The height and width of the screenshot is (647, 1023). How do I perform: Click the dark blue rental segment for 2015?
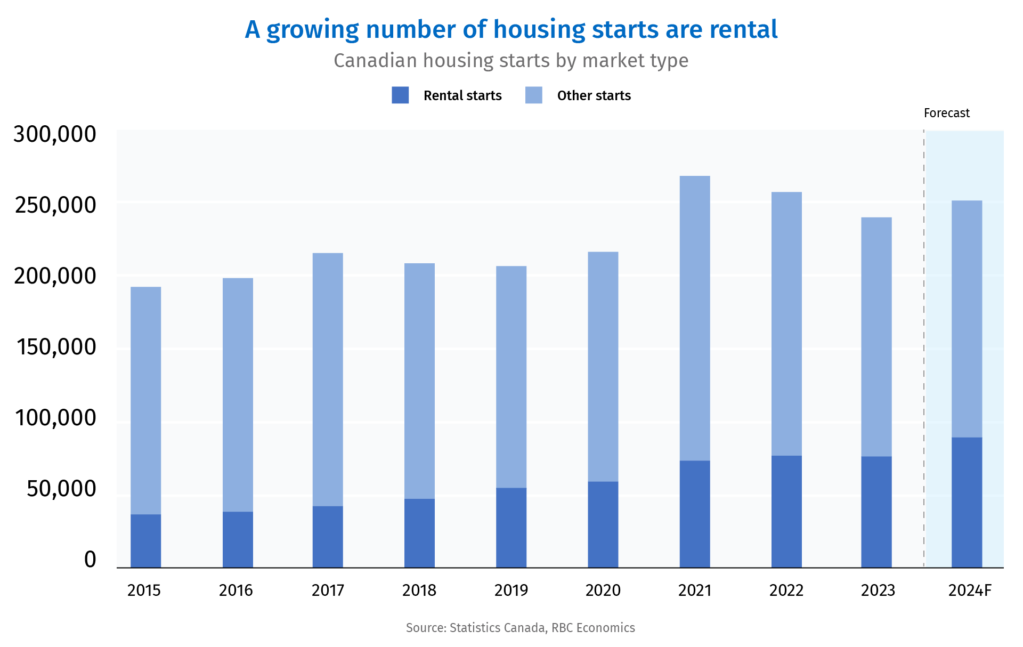pyautogui.click(x=145, y=540)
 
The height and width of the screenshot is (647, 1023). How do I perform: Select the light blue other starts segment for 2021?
pyautogui.click(x=695, y=318)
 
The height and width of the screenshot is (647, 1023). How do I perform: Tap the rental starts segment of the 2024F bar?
pyautogui.click(x=967, y=502)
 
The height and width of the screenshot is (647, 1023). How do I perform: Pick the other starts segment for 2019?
pyautogui.click(x=511, y=377)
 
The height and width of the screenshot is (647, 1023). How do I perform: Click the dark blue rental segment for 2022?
pyautogui.click(x=786, y=511)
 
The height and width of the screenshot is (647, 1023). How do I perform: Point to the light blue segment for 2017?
pyautogui.click(x=328, y=379)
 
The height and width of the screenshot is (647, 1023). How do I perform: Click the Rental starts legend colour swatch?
pyautogui.click(x=400, y=95)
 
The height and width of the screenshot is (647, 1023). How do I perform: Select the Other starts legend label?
pyautogui.click(x=594, y=96)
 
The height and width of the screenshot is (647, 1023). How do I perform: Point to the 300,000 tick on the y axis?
pyautogui.click(x=55, y=134)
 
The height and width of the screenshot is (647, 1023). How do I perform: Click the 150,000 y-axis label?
pyautogui.click(x=56, y=347)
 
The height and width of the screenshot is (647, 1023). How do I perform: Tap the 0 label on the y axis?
pyautogui.click(x=90, y=560)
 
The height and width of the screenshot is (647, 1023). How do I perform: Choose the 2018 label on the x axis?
pyautogui.click(x=419, y=591)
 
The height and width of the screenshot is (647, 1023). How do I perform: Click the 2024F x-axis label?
pyautogui.click(x=970, y=591)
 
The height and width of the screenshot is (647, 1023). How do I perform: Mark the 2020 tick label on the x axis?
pyautogui.click(x=603, y=591)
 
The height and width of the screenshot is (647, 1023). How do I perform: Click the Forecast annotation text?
pyautogui.click(x=946, y=113)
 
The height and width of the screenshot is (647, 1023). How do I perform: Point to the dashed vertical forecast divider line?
pyautogui.click(x=924, y=346)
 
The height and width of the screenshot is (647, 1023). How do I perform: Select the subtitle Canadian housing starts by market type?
pyautogui.click(x=511, y=61)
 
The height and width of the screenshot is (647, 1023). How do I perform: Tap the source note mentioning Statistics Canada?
pyautogui.click(x=520, y=628)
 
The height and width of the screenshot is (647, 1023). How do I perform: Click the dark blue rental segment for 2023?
pyautogui.click(x=876, y=512)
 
